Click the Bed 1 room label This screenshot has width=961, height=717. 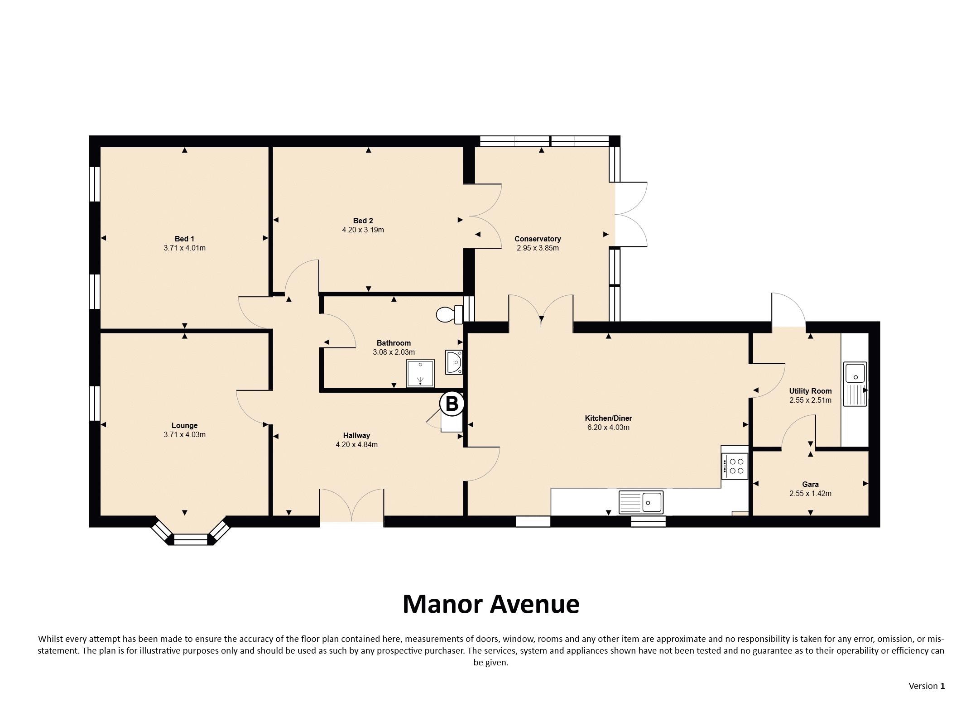point(184,239)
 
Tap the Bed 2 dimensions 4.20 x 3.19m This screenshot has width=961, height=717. point(363,230)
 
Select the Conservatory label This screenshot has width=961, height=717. point(538,239)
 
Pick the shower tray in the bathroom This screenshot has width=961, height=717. point(420,374)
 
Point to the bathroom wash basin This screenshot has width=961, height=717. point(454,362)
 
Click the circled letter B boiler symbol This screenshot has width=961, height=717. point(452,403)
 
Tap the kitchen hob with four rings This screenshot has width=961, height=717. point(735,466)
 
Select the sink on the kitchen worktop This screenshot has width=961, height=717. point(641,502)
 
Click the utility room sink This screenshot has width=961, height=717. point(855,384)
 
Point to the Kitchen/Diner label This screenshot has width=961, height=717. point(608,418)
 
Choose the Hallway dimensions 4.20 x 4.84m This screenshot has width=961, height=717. point(356,444)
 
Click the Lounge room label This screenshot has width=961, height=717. point(184,425)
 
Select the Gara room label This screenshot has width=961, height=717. point(810,484)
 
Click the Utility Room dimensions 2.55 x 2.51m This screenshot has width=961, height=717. point(810,400)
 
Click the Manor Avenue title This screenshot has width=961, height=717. point(491,604)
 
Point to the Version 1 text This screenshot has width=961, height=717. point(927,686)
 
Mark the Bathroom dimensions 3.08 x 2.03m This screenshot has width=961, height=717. point(394,352)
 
